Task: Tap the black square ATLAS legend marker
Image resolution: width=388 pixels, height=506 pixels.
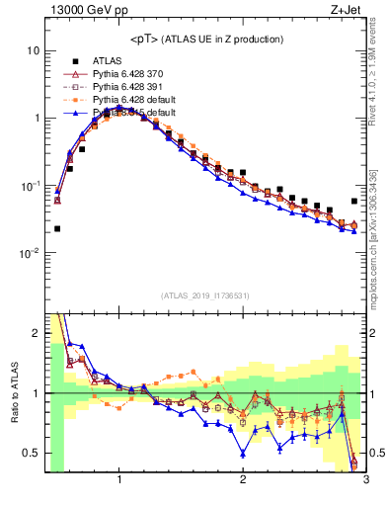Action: click(x=70, y=60)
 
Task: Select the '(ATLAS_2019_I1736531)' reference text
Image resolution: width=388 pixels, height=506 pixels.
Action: click(x=205, y=295)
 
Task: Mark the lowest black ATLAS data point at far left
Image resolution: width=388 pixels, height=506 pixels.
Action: click(x=57, y=228)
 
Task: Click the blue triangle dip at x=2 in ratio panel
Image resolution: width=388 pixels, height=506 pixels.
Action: click(x=243, y=454)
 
